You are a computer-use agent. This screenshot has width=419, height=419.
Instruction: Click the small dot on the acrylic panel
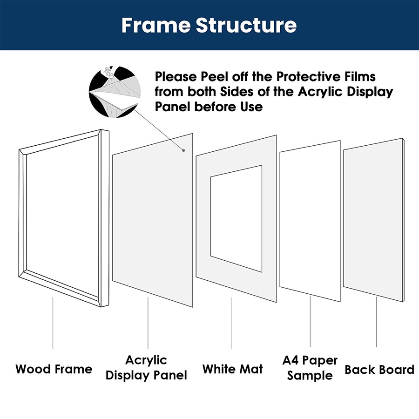[184, 150]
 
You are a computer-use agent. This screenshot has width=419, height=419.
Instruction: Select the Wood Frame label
[54, 370]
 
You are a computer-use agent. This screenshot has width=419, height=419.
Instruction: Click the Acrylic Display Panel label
[146, 368]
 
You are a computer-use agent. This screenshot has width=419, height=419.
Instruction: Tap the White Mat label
[232, 370]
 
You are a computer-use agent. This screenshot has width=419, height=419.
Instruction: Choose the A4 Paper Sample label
[310, 368]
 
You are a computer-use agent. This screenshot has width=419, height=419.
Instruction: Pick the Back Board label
[379, 370]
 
